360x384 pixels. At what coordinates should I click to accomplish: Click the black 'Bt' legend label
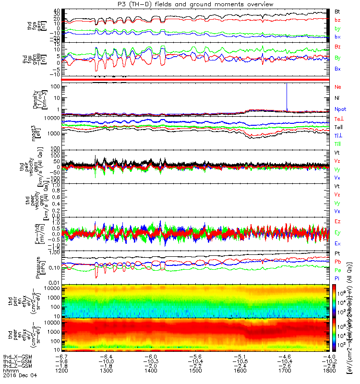coord(337,11)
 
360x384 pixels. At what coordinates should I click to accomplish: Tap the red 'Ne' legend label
coord(337,87)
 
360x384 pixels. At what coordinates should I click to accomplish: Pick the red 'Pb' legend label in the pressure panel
coord(337,262)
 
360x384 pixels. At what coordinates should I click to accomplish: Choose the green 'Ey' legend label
coord(337,233)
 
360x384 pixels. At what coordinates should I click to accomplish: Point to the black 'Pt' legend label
coord(337,253)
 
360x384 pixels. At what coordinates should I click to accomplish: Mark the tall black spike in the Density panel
coord(287,96)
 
